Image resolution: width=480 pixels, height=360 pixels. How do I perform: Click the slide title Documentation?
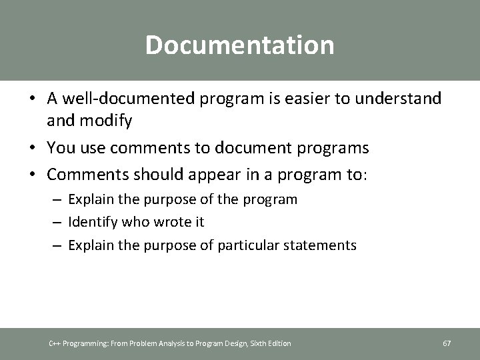coord(239,45)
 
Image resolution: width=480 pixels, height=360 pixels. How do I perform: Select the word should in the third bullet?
coord(160,175)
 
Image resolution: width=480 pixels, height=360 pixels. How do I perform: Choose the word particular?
coord(246,245)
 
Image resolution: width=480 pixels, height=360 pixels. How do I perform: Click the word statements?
coord(323,245)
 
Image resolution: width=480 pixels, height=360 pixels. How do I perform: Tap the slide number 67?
coord(447,343)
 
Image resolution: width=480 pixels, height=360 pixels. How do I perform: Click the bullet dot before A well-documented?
coord(32,99)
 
